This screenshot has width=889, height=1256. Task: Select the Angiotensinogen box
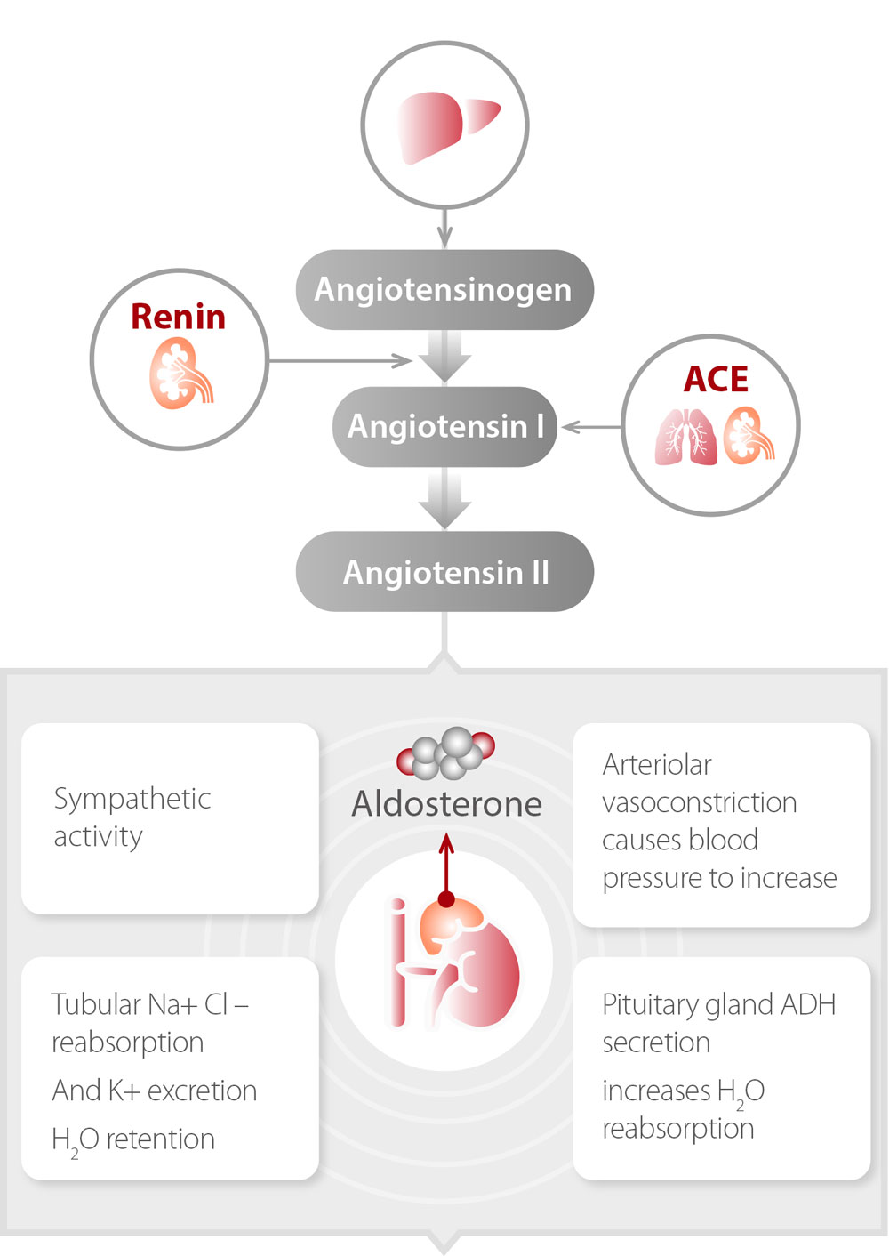(x=444, y=290)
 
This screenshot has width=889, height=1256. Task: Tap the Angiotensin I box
(x=444, y=427)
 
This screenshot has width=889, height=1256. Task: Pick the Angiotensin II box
(x=444, y=572)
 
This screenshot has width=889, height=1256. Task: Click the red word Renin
(x=178, y=317)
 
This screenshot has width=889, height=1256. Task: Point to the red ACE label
(x=716, y=380)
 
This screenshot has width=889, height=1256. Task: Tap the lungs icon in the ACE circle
(x=685, y=437)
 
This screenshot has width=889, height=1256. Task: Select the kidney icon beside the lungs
(x=748, y=435)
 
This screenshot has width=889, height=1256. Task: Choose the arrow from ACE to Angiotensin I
(x=592, y=428)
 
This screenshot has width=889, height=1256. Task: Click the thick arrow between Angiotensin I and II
(x=444, y=498)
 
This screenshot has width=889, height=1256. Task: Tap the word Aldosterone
(x=446, y=804)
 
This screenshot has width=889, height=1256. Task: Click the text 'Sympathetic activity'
(x=132, y=817)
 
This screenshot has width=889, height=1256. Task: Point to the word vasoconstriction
(x=699, y=802)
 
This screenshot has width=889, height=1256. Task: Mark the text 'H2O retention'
(x=133, y=1139)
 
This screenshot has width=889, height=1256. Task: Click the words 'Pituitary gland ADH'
(x=718, y=1005)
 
